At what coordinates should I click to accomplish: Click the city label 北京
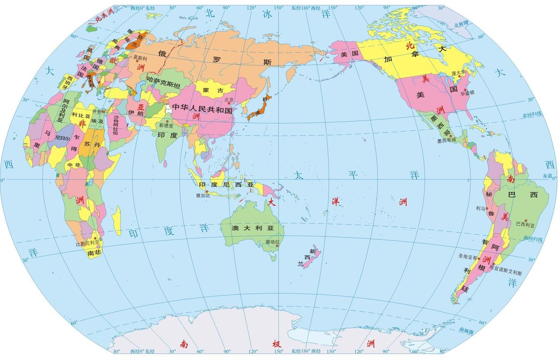(229, 100)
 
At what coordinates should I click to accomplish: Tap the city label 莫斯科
(140, 58)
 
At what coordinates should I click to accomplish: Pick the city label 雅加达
(203, 196)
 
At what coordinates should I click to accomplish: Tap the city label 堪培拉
(272, 242)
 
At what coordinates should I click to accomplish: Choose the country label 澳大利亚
(252, 228)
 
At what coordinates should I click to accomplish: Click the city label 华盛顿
(467, 93)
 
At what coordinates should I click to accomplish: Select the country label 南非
(94, 253)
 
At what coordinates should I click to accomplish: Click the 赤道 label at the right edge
(547, 176)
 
